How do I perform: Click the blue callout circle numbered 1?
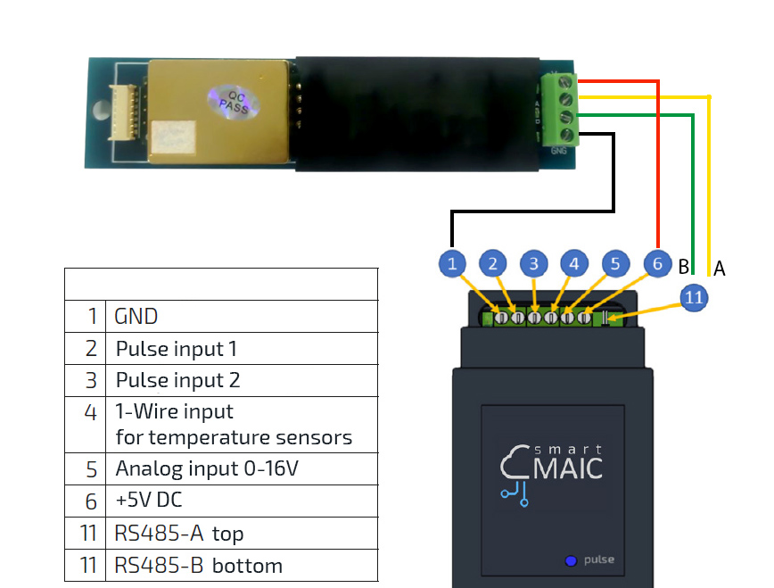453,263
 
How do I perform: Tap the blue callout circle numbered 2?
493,263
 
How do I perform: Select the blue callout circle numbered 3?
534,263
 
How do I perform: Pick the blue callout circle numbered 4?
574,263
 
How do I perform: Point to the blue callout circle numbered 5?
615,263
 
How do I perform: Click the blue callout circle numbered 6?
656,263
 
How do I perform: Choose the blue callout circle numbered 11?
693,297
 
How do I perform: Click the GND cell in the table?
241,316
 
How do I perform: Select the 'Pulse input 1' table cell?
241,348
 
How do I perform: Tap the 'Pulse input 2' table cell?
241,380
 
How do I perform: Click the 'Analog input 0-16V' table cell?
241,468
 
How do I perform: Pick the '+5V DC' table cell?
241,501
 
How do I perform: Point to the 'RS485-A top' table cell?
241,534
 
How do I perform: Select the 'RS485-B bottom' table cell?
241,566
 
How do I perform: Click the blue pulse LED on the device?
570,561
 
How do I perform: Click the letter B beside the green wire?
683,267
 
